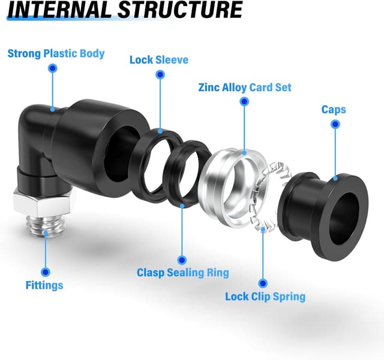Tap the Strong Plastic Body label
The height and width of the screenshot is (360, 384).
click(x=56, y=53)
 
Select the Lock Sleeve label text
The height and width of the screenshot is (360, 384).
click(x=159, y=59)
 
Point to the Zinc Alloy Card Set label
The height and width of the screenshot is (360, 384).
click(x=244, y=87)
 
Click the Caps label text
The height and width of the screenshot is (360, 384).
click(x=334, y=110)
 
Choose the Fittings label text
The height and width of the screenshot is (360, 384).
click(x=44, y=285)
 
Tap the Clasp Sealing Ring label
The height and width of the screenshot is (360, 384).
click(x=183, y=272)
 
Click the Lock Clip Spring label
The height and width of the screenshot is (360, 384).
click(x=265, y=296)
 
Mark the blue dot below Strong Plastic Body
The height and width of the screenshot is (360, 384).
click(x=53, y=69)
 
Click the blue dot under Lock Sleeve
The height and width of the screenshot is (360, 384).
click(x=160, y=74)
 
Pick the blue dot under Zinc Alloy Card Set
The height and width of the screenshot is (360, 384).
click(x=244, y=102)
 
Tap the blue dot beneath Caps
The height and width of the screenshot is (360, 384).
click(x=335, y=124)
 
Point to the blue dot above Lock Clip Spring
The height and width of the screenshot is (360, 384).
click(x=262, y=282)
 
